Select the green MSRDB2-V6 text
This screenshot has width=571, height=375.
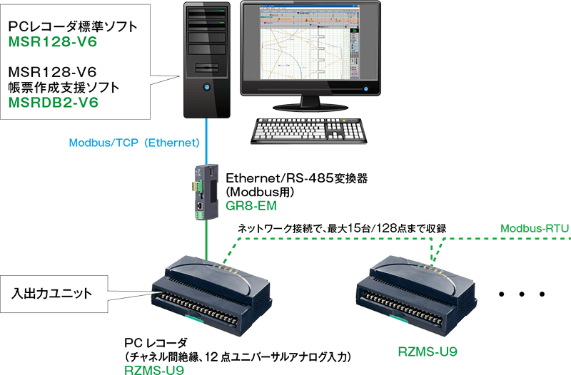[x=54, y=103]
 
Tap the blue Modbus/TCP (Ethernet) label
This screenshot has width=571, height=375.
[x=133, y=143]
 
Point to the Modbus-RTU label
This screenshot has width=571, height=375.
[x=534, y=229]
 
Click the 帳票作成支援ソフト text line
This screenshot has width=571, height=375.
[x=62, y=87]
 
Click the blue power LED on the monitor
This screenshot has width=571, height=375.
[x=368, y=89]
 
